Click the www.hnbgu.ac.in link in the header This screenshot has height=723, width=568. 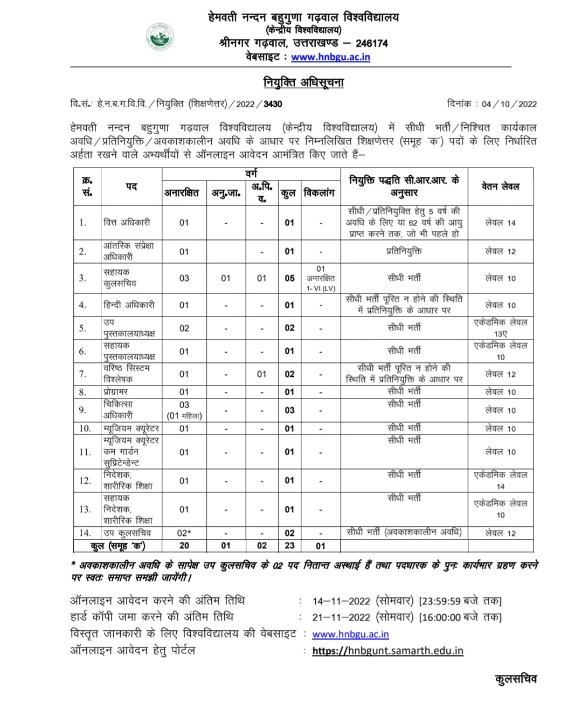coord(330,57)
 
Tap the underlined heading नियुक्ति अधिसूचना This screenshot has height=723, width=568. coord(303,82)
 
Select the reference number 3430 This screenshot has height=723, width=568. coord(273,104)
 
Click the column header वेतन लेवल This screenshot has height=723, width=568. coord(500,186)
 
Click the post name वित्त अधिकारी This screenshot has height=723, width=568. coord(127,222)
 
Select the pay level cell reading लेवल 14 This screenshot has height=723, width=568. coord(500,222)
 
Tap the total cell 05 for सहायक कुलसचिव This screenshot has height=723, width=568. coord(290,278)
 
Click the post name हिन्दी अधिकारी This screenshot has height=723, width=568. coord(129,305)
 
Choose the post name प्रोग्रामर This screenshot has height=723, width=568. coord(116,392)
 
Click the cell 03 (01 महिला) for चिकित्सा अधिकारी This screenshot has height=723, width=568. coord(184,410)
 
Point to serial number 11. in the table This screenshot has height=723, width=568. coord(85,452)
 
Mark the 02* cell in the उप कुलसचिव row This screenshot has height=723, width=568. coord(184,533)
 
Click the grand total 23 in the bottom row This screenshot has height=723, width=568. coord(290,545)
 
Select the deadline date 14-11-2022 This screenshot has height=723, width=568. coord(341,601)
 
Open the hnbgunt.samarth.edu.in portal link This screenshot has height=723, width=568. coord(387,650)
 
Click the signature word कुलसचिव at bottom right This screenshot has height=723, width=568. coord(516,679)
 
